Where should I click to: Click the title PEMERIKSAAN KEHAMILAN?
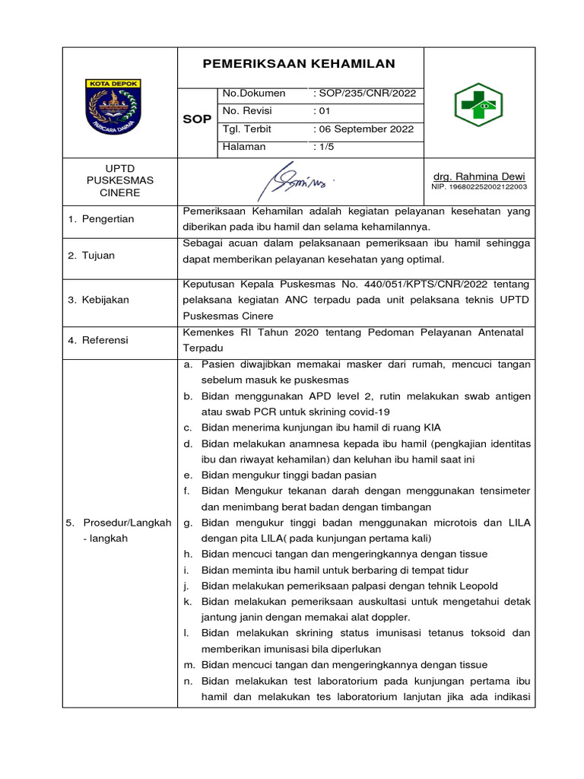pyautogui.click(x=299, y=65)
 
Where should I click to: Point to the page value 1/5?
pyautogui.click(x=324, y=147)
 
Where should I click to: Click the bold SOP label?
pyautogui.click(x=197, y=120)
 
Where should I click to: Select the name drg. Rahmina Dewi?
pyautogui.click(x=479, y=176)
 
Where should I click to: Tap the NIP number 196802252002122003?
pyautogui.click(x=479, y=186)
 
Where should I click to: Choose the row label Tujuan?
pyautogui.click(x=90, y=256)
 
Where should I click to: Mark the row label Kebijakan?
pyautogui.click(x=98, y=300)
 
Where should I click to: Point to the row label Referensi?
pyautogui.click(x=98, y=340)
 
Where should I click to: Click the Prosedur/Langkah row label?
pyautogui.click(x=119, y=523)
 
